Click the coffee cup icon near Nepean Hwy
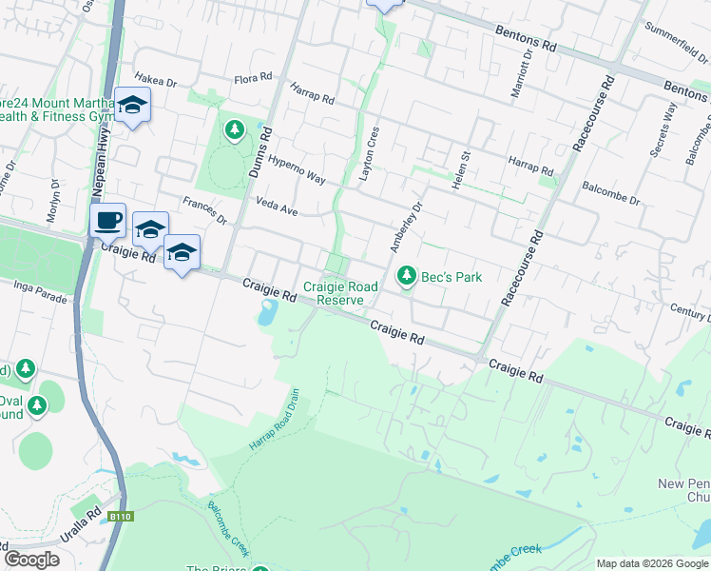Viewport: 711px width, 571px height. tap(108, 220)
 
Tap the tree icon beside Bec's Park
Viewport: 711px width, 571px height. tap(407, 276)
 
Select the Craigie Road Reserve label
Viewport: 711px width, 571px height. tap(340, 293)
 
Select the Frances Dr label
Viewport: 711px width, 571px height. tap(205, 210)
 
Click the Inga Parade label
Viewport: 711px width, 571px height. tap(42, 291)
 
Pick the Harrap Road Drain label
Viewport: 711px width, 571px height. tap(275, 420)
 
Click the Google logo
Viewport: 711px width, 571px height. tap(32, 560)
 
